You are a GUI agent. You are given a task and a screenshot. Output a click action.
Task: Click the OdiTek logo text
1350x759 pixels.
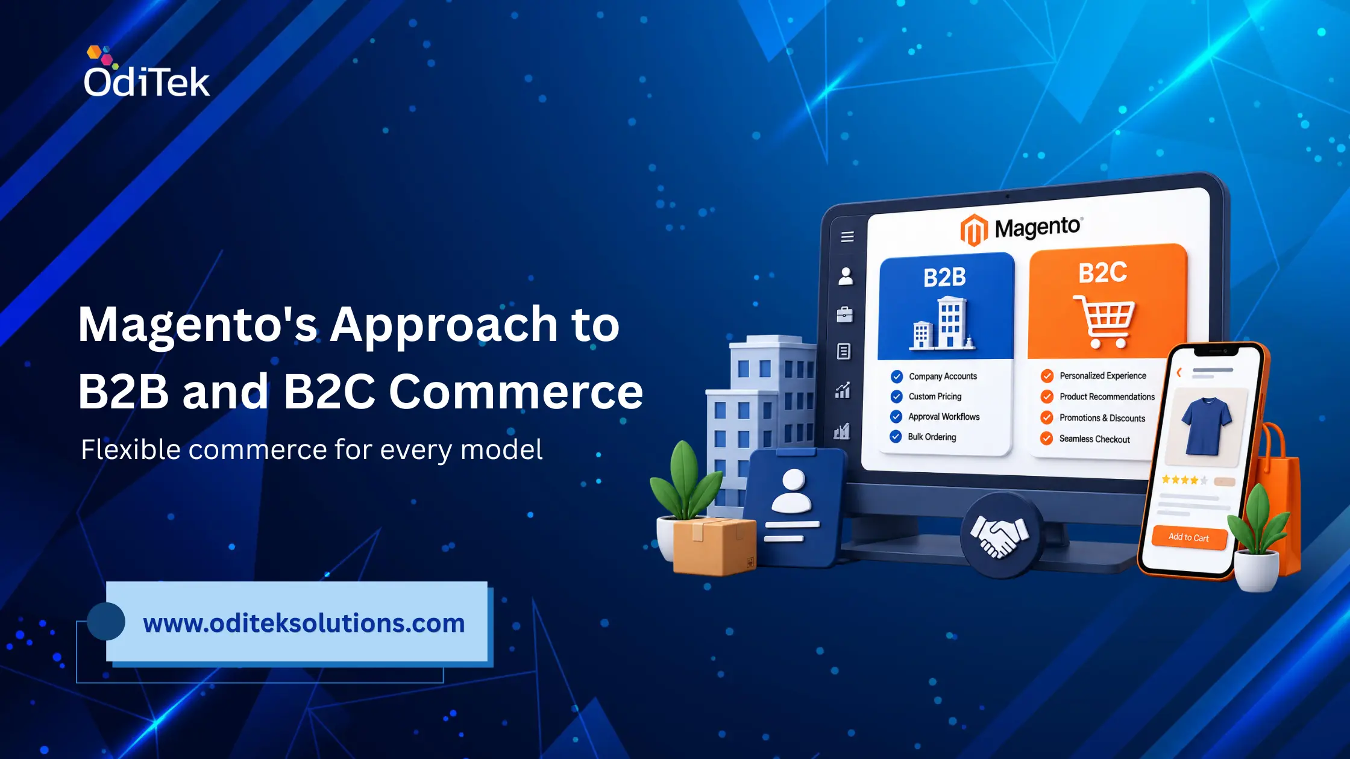[x=146, y=81]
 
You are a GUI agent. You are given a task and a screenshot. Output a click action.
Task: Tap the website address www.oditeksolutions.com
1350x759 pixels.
[x=304, y=623]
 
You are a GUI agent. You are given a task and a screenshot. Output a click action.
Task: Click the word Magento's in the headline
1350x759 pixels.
[x=198, y=326]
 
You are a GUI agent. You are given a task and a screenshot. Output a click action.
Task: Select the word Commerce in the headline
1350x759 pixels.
[x=516, y=392]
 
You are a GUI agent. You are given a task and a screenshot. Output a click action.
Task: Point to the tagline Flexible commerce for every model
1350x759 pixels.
[x=312, y=449]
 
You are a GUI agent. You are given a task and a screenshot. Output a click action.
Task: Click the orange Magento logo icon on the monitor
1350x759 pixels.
[x=974, y=230]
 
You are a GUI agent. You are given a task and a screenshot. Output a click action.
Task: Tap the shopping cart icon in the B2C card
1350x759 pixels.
[x=1104, y=321]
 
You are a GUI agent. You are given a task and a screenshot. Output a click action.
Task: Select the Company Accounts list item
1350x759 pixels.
[x=934, y=376]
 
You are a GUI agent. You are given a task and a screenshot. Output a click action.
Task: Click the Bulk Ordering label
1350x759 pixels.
[x=932, y=437]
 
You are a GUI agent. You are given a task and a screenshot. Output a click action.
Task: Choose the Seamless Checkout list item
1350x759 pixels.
[x=1085, y=439]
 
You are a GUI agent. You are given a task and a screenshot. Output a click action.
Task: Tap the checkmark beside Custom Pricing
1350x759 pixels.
[x=897, y=396]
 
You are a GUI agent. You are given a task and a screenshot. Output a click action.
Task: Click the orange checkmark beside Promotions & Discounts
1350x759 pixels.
[x=1047, y=417]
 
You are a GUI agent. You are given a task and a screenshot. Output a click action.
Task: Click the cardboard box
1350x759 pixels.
[x=714, y=545]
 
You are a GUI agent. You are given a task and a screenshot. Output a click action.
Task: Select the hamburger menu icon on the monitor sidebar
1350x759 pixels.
[x=847, y=237]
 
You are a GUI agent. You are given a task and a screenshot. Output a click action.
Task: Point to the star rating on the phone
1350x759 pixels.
[x=1185, y=480]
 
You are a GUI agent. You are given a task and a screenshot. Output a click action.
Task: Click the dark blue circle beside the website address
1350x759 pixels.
[x=106, y=621]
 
